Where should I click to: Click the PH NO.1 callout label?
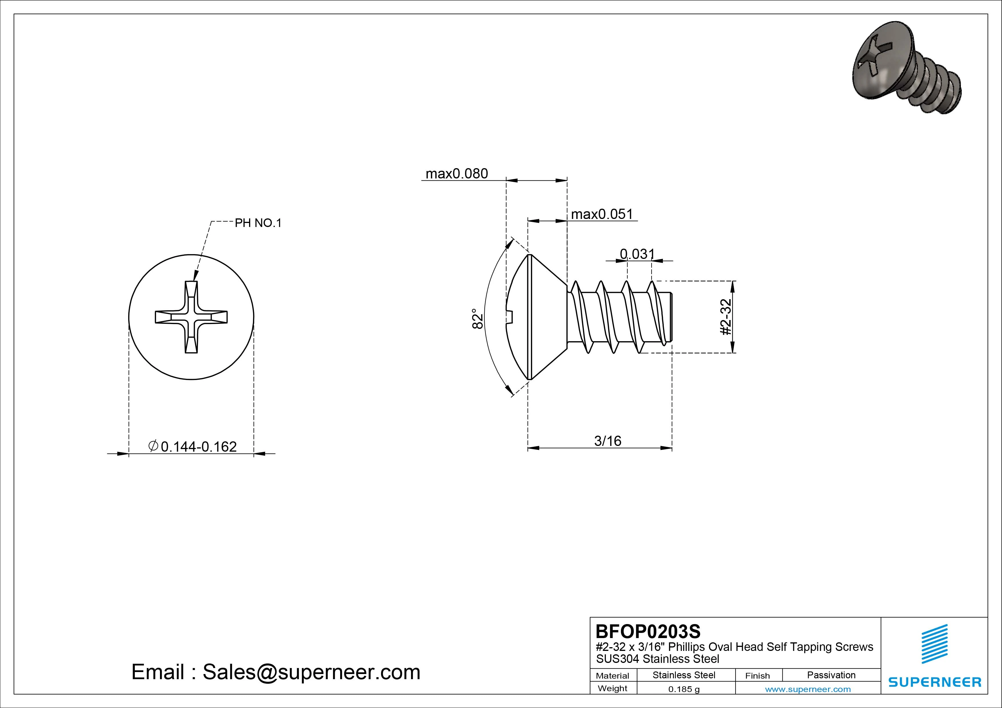258,223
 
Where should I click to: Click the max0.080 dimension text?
456,174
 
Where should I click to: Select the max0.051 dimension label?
602,214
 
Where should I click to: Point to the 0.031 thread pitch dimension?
637,254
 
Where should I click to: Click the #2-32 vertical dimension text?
725,317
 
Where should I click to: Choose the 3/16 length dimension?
608,441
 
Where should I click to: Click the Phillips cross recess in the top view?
191,317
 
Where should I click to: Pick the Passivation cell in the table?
831,675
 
